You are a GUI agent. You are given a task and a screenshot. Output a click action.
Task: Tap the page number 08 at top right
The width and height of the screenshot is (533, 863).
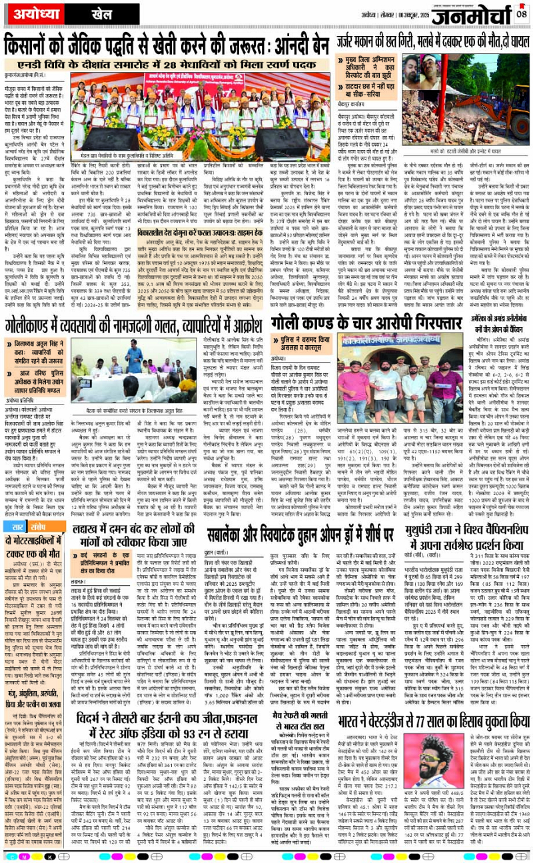click(521, 13)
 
